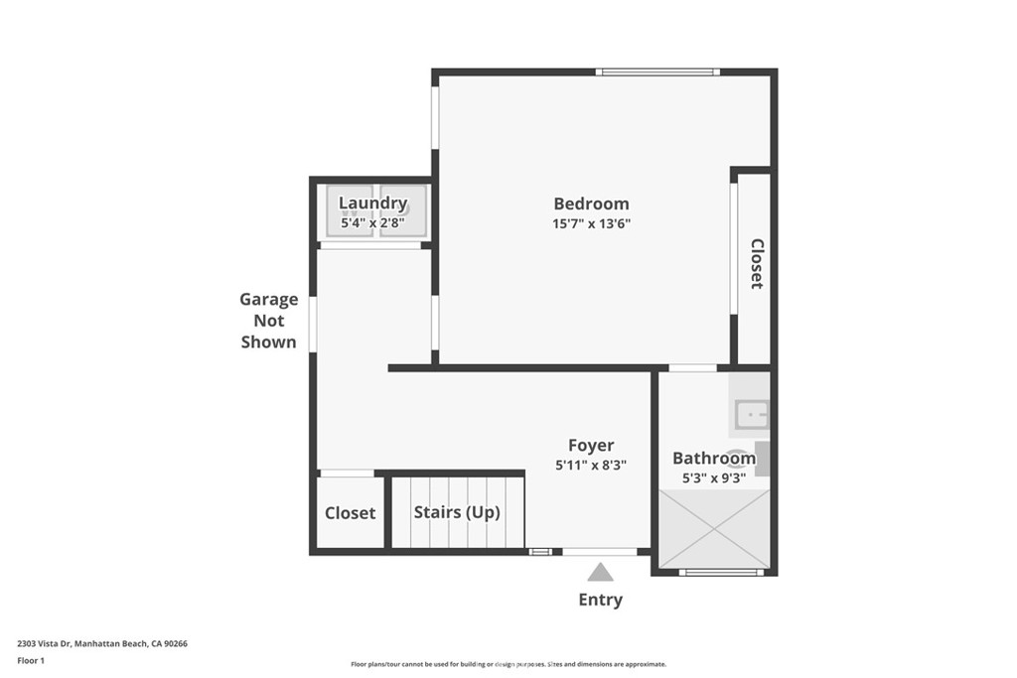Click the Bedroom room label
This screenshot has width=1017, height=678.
[591, 203]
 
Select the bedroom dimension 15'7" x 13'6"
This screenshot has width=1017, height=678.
[591, 224]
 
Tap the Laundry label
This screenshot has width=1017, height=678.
[373, 203]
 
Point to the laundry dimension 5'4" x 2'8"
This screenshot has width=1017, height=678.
[373, 224]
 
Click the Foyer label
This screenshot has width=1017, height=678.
[591, 446]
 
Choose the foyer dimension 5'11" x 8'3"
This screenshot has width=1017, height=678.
[591, 465]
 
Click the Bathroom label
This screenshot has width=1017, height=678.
[713, 458]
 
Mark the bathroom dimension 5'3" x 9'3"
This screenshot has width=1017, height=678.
[713, 477]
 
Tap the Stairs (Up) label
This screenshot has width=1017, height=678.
[456, 512]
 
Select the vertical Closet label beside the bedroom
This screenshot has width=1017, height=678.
[757, 263]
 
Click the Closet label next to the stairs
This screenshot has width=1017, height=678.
[350, 513]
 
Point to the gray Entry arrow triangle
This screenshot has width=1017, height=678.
[600, 572]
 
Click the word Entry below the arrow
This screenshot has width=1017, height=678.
[600, 600]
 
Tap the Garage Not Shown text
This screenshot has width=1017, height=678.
[268, 321]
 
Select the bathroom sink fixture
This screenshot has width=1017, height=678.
[751, 411]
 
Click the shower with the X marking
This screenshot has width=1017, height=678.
[715, 528]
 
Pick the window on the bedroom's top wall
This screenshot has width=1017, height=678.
[656, 71]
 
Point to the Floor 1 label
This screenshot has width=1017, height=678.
[31, 660]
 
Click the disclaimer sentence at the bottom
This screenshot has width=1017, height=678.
[508, 664]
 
